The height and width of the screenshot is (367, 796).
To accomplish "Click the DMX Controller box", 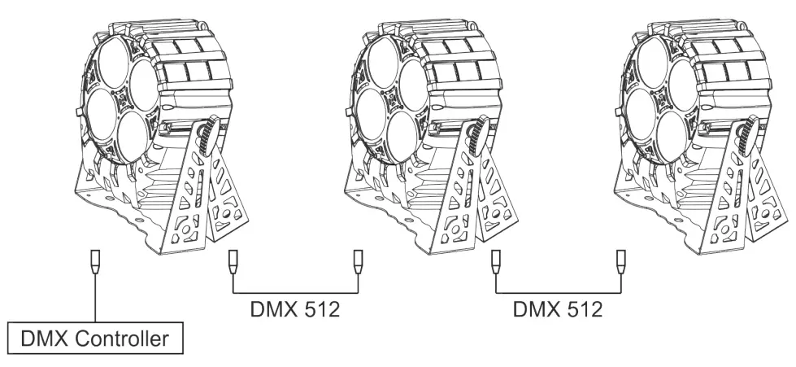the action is (95, 338).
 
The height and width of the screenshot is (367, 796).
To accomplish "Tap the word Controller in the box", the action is (121, 339).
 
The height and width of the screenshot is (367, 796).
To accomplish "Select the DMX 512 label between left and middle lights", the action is (295, 309).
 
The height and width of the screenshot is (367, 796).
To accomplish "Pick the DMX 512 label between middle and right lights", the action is (558, 309).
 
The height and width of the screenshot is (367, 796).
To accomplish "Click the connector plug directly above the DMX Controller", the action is (95, 261).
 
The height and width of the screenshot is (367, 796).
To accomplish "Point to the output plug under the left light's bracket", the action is (233, 261).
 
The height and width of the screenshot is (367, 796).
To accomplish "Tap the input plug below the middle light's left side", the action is (358, 261).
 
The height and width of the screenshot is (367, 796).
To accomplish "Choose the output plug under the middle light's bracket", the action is (496, 261).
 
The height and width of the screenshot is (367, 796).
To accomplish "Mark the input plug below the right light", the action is (620, 261).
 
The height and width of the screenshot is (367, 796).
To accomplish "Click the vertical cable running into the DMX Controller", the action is (95, 298).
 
